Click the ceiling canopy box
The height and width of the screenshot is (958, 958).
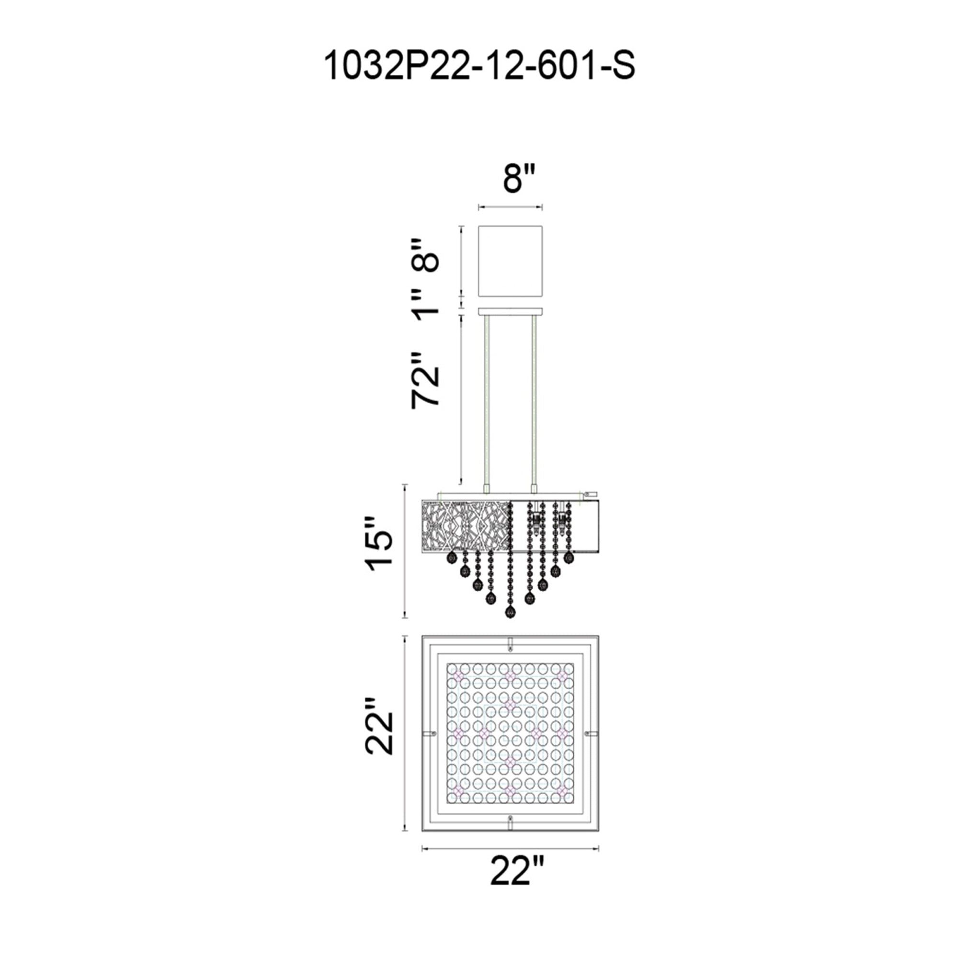pyautogui.click(x=511, y=262)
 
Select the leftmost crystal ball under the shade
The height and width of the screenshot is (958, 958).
pyautogui.click(x=452, y=559)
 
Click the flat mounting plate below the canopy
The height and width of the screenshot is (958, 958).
pyautogui.click(x=511, y=311)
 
